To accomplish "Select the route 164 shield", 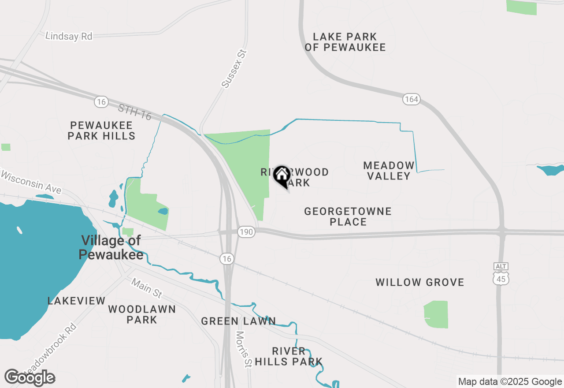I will [411, 99].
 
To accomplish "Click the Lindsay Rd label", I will [69, 36].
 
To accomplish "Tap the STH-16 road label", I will [135, 112].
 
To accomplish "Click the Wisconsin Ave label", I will [31, 182].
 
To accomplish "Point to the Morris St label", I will [243, 349].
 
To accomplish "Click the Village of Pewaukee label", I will [111, 247].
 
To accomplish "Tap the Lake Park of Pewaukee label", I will [345, 42].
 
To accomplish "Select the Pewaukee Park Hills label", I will [101, 131].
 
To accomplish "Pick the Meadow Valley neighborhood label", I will [389, 171].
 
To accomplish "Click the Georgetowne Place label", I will [348, 216].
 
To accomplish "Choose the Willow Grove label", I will [420, 282].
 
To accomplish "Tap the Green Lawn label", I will [238, 321].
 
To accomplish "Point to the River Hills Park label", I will [289, 357].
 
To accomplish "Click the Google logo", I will [30, 377].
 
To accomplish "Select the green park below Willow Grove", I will [436, 314].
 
